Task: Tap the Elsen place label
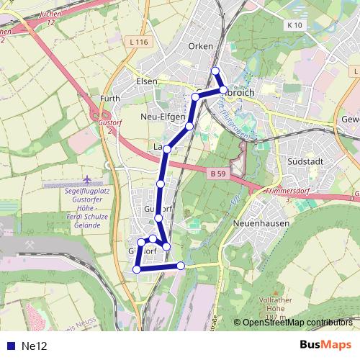146,81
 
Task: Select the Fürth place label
110,98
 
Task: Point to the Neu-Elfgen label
164,116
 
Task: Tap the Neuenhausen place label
261,223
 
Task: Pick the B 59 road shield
218,174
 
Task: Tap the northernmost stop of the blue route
215,71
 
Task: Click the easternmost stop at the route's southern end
181,266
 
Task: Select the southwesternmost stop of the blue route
136,269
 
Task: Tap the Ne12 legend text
34,346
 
